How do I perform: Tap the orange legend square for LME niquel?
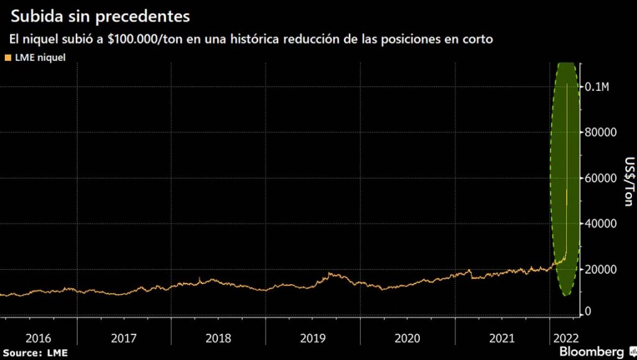(x=7, y=58)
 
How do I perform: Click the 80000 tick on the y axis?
(x=600, y=132)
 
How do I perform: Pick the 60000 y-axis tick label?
(x=600, y=178)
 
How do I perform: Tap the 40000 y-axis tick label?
(x=600, y=223)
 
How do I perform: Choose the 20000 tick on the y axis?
(x=600, y=269)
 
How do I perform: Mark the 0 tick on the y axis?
(x=588, y=311)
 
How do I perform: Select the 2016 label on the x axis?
(x=39, y=339)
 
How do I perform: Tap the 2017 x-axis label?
(x=125, y=339)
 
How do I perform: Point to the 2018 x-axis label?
(x=219, y=339)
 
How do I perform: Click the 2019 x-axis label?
(x=312, y=339)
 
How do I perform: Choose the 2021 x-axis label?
(x=501, y=339)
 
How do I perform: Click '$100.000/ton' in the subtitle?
(x=141, y=39)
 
